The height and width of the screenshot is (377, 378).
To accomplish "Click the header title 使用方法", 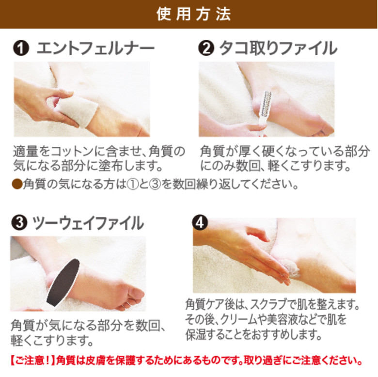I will [189, 14].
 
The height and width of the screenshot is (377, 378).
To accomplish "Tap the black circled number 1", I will [20, 49].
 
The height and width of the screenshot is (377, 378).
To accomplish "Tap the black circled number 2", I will [206, 49].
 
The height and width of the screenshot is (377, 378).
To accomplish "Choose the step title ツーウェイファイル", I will [88, 223].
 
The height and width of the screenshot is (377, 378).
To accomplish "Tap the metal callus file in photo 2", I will [266, 108].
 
